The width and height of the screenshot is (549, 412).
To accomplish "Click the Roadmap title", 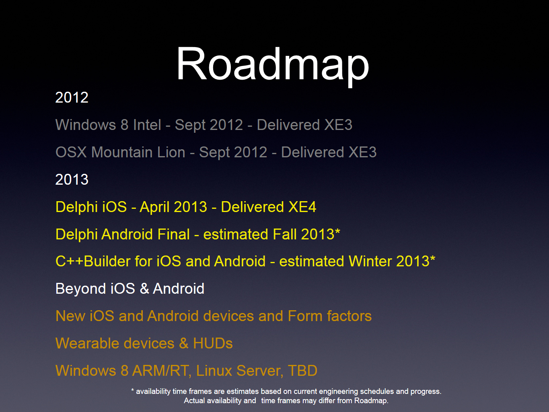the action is (x=273, y=66).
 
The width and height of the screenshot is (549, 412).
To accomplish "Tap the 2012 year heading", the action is (x=72, y=97).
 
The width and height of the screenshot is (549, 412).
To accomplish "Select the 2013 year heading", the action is (x=72, y=179).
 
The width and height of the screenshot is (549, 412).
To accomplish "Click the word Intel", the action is (x=147, y=125).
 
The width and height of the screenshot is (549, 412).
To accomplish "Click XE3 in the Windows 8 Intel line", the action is (x=338, y=125).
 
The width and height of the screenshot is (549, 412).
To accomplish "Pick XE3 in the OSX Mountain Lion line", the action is (x=362, y=152).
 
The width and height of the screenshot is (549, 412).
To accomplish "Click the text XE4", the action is (x=302, y=207).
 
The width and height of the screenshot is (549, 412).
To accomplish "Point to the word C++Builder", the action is (x=93, y=262).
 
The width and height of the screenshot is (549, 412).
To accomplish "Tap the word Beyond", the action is (x=81, y=289).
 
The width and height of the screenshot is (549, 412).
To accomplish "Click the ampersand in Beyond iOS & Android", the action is (x=144, y=289).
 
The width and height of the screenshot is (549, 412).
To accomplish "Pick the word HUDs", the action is (x=213, y=344).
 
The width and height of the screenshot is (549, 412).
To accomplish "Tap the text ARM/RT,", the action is (x=162, y=371).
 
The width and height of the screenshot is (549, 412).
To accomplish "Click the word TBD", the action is (x=302, y=371).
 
